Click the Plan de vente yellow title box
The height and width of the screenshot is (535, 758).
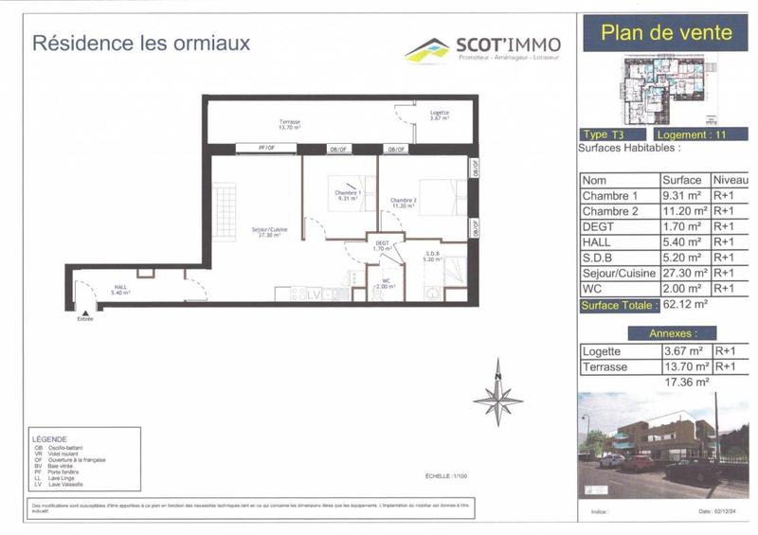click(x=666, y=32)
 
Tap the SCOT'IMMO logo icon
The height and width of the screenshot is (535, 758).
click(x=426, y=48)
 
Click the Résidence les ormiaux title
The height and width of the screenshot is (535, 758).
click(x=141, y=43)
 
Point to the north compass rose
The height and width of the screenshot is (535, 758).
click(x=498, y=394)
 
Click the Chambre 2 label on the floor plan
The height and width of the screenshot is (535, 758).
click(x=404, y=202)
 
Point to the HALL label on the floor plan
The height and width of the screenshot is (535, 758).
click(x=120, y=289)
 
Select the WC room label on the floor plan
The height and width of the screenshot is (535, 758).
click(x=384, y=283)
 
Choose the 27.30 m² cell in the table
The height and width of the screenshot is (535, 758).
click(x=685, y=272)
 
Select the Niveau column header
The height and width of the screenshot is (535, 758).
click(x=731, y=180)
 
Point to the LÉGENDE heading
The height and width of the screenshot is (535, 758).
click(x=49, y=439)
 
